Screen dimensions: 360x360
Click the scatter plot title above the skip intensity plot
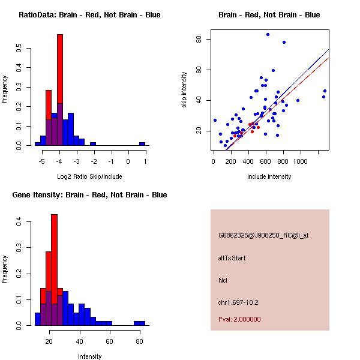[269, 15]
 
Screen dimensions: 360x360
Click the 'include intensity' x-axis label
[269, 176]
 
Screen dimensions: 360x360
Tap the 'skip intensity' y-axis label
[184, 90]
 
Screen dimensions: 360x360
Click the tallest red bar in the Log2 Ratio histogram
[59, 90]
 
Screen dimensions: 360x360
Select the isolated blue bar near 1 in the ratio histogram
[142, 144]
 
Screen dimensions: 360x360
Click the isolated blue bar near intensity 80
[139, 323]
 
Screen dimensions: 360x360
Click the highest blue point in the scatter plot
[268, 34]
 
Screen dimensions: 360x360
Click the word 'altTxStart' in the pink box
[232, 258]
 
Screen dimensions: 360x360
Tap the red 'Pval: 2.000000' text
[239, 319]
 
